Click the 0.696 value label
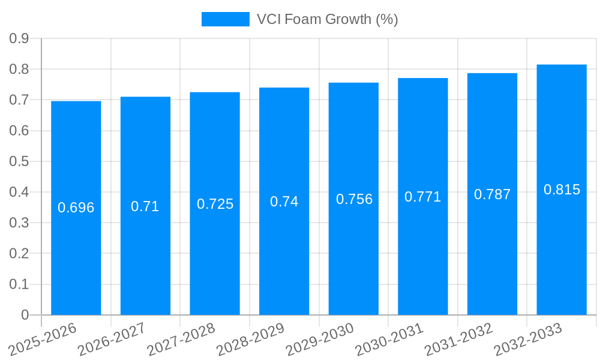(76, 208)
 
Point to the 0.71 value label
(145, 206)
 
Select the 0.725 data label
(215, 204)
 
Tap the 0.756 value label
(354, 199)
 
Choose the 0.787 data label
(493, 194)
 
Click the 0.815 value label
(562, 190)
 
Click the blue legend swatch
(225, 19)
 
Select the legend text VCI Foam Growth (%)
(328, 19)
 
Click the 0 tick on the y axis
(25, 315)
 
